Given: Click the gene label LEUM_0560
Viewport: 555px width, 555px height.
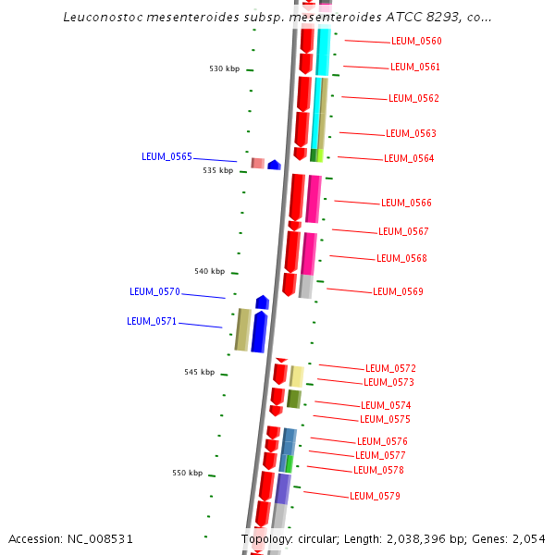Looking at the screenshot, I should pyautogui.click(x=416, y=42).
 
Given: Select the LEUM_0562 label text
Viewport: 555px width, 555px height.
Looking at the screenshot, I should pyautogui.click(x=413, y=99).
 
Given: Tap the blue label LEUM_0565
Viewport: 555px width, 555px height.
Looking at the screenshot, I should pyautogui.click(x=166, y=157).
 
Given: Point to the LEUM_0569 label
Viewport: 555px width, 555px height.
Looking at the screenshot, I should pyautogui.click(x=398, y=292).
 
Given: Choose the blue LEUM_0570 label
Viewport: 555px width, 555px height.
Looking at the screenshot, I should pyautogui.click(x=154, y=292).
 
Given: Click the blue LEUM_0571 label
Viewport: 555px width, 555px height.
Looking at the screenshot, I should pyautogui.click(x=152, y=322).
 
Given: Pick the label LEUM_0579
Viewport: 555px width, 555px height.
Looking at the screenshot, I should pyautogui.click(x=375, y=497).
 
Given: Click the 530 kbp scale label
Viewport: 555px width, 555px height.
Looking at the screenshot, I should pyautogui.click(x=224, y=69).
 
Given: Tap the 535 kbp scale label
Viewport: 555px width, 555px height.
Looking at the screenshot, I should pyautogui.click(x=218, y=171).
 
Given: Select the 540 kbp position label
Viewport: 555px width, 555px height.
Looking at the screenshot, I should pyautogui.click(x=209, y=272).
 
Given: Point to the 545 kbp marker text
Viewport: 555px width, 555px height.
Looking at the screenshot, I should pyautogui.click(x=199, y=373).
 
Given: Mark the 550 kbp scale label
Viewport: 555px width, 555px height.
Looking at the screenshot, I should pyautogui.click(x=187, y=474).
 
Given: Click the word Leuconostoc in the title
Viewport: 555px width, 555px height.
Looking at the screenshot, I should pyautogui.click(x=103, y=18).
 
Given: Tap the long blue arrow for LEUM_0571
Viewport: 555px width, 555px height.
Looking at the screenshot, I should pyautogui.click(x=259, y=332).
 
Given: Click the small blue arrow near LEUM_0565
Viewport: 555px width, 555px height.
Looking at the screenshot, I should pyautogui.click(x=274, y=165).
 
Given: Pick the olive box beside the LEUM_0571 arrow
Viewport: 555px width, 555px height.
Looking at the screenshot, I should pyautogui.click(x=242, y=330).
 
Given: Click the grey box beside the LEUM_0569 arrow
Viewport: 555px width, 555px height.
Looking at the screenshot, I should pyautogui.click(x=305, y=287).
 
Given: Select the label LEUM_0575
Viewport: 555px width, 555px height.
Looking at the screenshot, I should pyautogui.click(x=385, y=420).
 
